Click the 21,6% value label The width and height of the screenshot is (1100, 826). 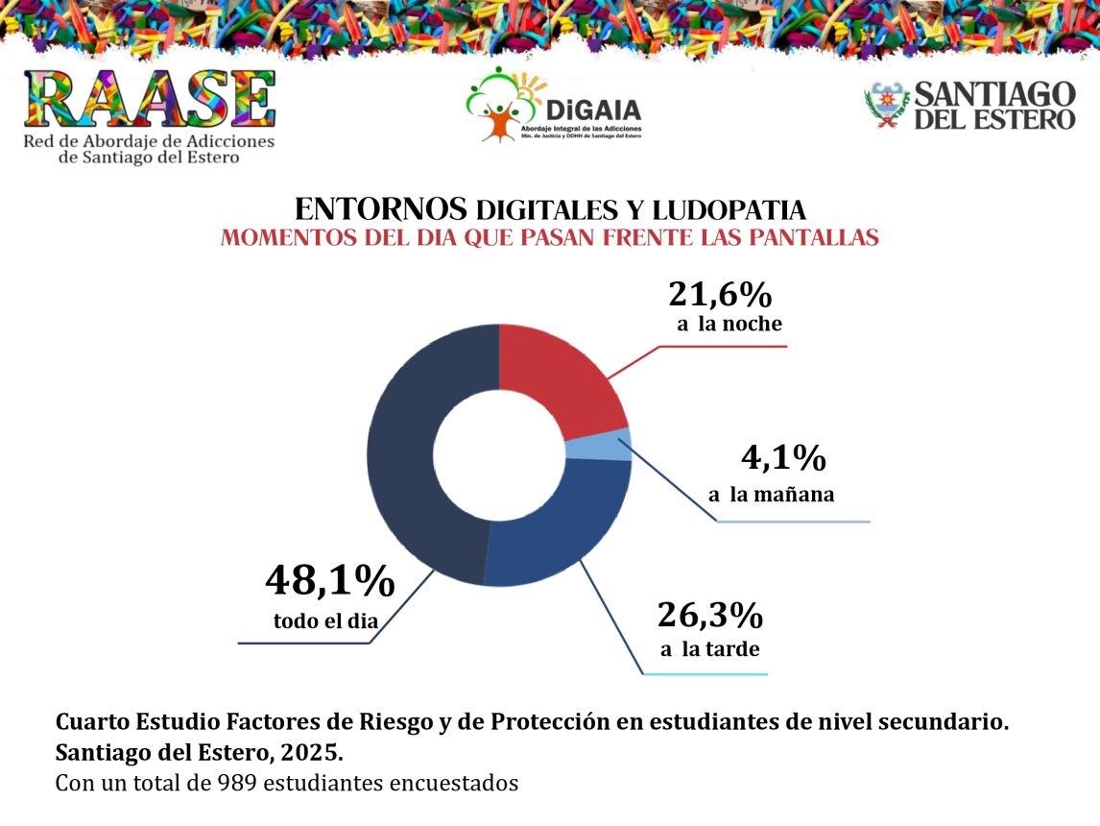[x=720, y=293]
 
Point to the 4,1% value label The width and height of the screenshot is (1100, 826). [x=783, y=459]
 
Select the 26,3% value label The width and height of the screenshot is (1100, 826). [x=709, y=614]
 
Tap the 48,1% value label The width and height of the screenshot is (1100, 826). [x=329, y=582]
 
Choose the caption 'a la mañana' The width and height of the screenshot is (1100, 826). [x=771, y=496]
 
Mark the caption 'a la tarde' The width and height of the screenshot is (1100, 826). [x=709, y=649]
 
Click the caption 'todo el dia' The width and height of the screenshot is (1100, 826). [x=325, y=620]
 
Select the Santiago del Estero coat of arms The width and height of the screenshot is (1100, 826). [x=885, y=105]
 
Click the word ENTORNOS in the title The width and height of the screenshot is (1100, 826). [x=380, y=208]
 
